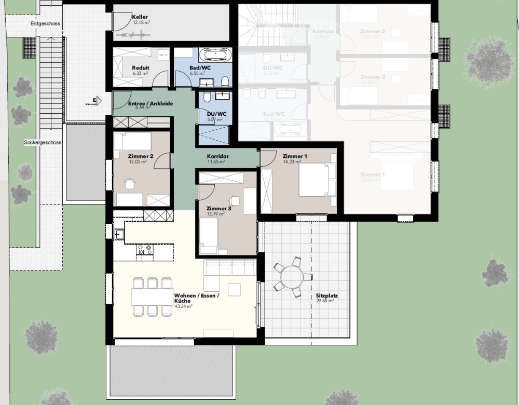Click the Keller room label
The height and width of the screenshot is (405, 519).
click(x=140, y=17)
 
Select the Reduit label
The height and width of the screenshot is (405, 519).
click(x=141, y=68)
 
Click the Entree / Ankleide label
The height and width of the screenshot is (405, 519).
click(x=150, y=104)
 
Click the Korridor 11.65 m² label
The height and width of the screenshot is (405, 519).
click(x=217, y=156)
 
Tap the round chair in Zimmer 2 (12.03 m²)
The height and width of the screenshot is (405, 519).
click(x=129, y=183)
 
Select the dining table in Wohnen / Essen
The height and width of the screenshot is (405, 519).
click(x=152, y=296)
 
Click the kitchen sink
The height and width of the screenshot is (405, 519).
click(x=119, y=235)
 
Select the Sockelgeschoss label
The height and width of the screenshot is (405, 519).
click(x=43, y=142)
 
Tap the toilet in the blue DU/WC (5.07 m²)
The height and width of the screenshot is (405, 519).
click(x=207, y=97)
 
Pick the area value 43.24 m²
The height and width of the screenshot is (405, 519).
click(x=183, y=307)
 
